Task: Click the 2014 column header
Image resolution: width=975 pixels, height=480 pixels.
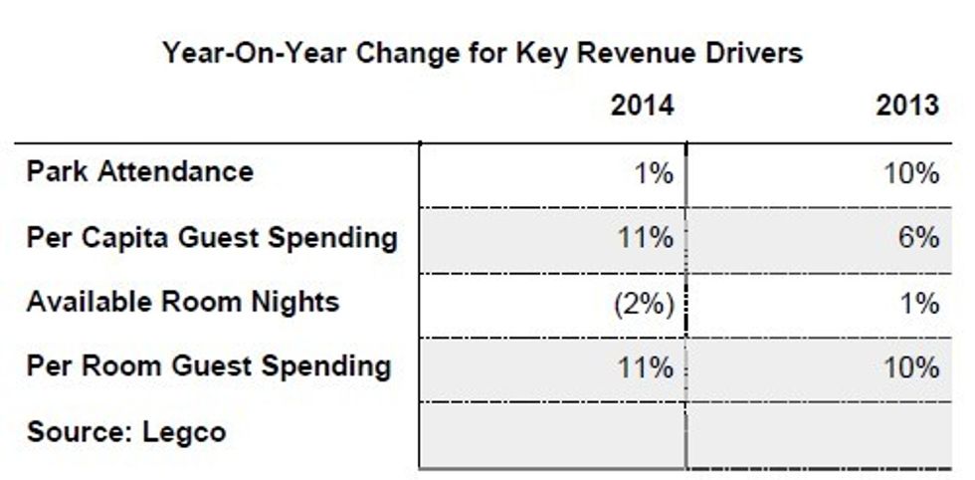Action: click(642, 106)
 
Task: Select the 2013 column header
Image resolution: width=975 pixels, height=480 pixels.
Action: click(907, 106)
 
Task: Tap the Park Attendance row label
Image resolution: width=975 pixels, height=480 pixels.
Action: click(139, 171)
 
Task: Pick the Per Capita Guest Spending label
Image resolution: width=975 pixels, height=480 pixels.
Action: click(212, 237)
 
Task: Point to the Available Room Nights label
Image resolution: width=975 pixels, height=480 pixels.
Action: click(182, 301)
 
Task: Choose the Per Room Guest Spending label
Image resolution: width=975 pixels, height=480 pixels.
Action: click(208, 365)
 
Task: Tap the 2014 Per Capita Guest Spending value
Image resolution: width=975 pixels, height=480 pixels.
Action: click(646, 239)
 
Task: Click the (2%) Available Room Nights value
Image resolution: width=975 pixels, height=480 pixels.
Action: click(644, 303)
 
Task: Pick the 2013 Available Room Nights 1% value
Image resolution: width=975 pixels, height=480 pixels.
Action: click(918, 303)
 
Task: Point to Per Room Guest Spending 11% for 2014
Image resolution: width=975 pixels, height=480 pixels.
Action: click(646, 367)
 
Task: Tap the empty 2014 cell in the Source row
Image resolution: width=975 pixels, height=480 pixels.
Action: click(552, 434)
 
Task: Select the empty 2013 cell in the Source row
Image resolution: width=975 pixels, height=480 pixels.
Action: click(818, 434)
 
